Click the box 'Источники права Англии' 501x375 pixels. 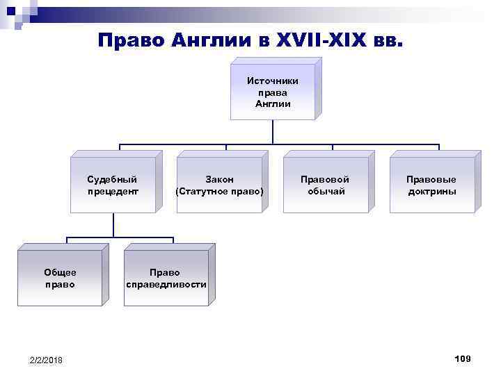pyautogui.click(x=273, y=93)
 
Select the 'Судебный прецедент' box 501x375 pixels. pyautogui.click(x=113, y=185)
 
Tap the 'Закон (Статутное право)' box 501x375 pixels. pyautogui.click(x=220, y=185)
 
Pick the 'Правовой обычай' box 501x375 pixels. pyautogui.click(x=326, y=185)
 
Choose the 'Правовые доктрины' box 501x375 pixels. pyautogui.click(x=432, y=185)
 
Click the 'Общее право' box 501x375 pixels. pyautogui.click(x=60, y=278)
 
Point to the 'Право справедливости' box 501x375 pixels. pyautogui.click(x=166, y=278)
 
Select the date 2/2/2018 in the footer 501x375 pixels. pyautogui.click(x=46, y=360)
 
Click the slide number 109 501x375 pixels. pyautogui.click(x=462, y=358)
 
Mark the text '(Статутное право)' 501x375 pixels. pyautogui.click(x=220, y=191)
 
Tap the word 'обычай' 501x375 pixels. pyautogui.click(x=326, y=191)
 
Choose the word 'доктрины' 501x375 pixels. pyautogui.click(x=432, y=191)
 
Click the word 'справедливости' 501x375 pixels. pyautogui.click(x=166, y=284)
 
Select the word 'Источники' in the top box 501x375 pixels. pyautogui.click(x=273, y=81)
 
